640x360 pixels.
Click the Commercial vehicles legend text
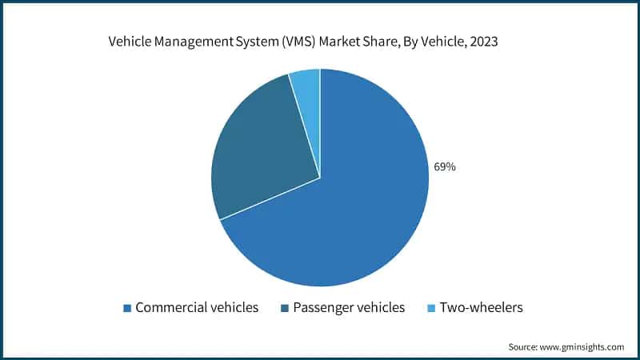coord(197,308)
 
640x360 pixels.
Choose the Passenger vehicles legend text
coord(348,308)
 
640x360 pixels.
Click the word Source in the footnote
coord(524,346)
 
